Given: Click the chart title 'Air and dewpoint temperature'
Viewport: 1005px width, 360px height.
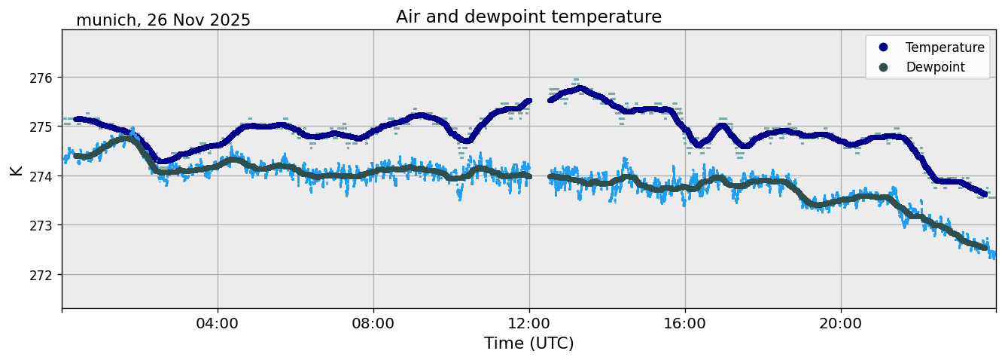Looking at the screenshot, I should coord(528,17).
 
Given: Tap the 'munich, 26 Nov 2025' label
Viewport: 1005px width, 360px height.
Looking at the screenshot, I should coord(163,20).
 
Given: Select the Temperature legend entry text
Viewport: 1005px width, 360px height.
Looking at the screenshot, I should coord(945,47).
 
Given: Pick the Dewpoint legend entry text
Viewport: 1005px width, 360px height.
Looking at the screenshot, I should coord(935,67).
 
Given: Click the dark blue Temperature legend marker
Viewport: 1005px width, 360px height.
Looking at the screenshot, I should coord(883,47).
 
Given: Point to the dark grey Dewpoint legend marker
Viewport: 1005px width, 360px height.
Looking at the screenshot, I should coord(883,67).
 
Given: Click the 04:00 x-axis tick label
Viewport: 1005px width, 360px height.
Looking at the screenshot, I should coord(218,324).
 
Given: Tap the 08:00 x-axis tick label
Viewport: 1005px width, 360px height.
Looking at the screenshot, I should coord(373,324).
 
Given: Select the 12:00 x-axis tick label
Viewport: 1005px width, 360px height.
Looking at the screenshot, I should coord(529,324).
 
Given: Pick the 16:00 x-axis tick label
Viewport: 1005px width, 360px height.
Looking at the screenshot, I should coord(685,324).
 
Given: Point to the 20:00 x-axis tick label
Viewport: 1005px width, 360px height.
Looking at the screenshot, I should coord(841,324).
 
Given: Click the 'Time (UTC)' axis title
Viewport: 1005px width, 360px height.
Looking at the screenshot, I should coord(528,343).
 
